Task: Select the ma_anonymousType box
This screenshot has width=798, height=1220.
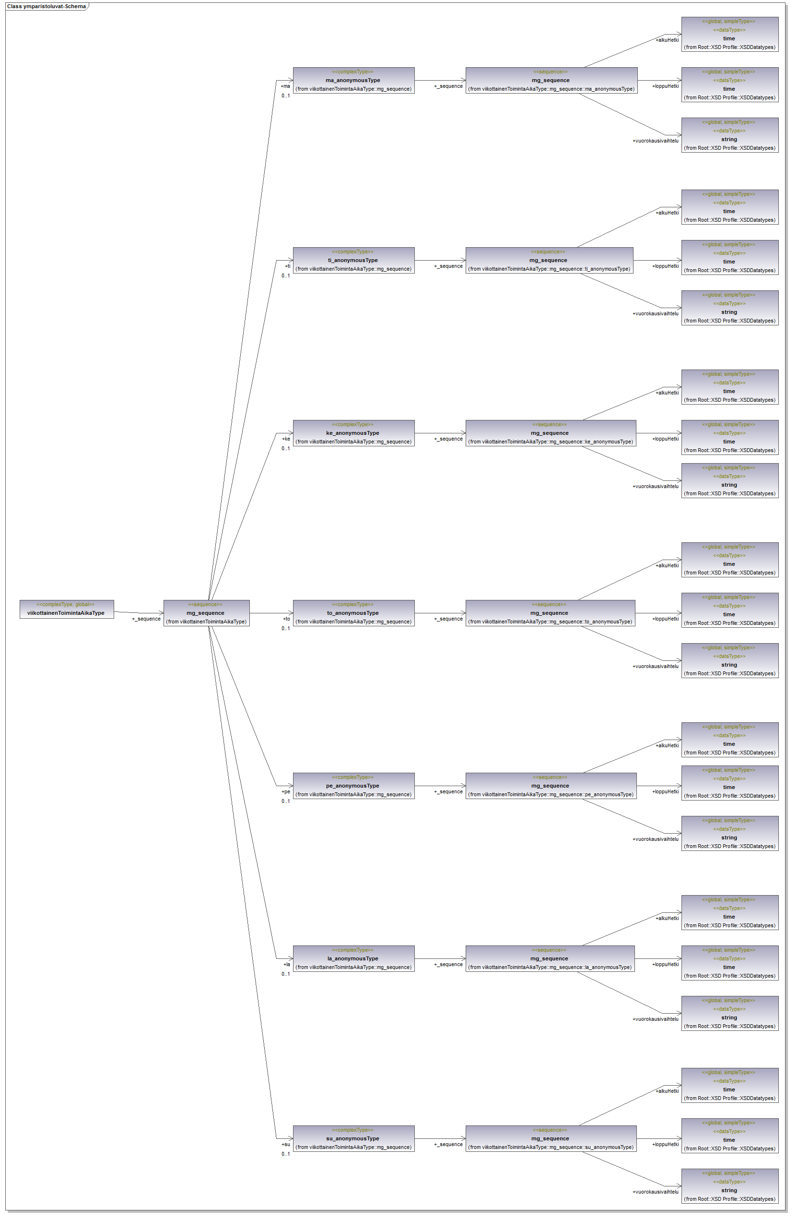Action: point(353,81)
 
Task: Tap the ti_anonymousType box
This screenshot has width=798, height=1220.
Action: point(353,261)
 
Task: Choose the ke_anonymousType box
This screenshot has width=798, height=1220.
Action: point(353,433)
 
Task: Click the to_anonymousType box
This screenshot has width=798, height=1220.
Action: point(353,613)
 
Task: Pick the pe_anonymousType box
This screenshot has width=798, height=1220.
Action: point(353,786)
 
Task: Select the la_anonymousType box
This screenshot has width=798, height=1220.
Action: point(353,958)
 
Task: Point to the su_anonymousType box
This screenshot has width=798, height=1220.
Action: point(353,1138)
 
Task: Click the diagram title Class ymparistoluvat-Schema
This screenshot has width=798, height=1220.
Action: point(47,7)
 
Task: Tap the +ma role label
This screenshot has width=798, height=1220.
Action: point(285,86)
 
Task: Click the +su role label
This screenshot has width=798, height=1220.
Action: point(286,1144)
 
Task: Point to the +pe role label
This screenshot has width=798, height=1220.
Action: point(286,791)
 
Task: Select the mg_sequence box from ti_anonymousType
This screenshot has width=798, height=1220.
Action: point(549,261)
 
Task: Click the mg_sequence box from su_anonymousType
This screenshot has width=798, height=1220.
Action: point(551,1138)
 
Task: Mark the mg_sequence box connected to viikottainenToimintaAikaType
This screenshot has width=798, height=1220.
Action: point(206,613)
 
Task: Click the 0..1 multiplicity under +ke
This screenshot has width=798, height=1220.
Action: point(285,449)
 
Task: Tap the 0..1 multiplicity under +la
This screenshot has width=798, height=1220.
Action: point(285,974)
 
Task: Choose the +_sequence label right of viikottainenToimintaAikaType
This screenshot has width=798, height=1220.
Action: point(146,619)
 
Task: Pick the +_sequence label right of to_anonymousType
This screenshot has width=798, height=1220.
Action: point(448,619)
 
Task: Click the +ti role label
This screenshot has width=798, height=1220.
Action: point(287,266)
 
